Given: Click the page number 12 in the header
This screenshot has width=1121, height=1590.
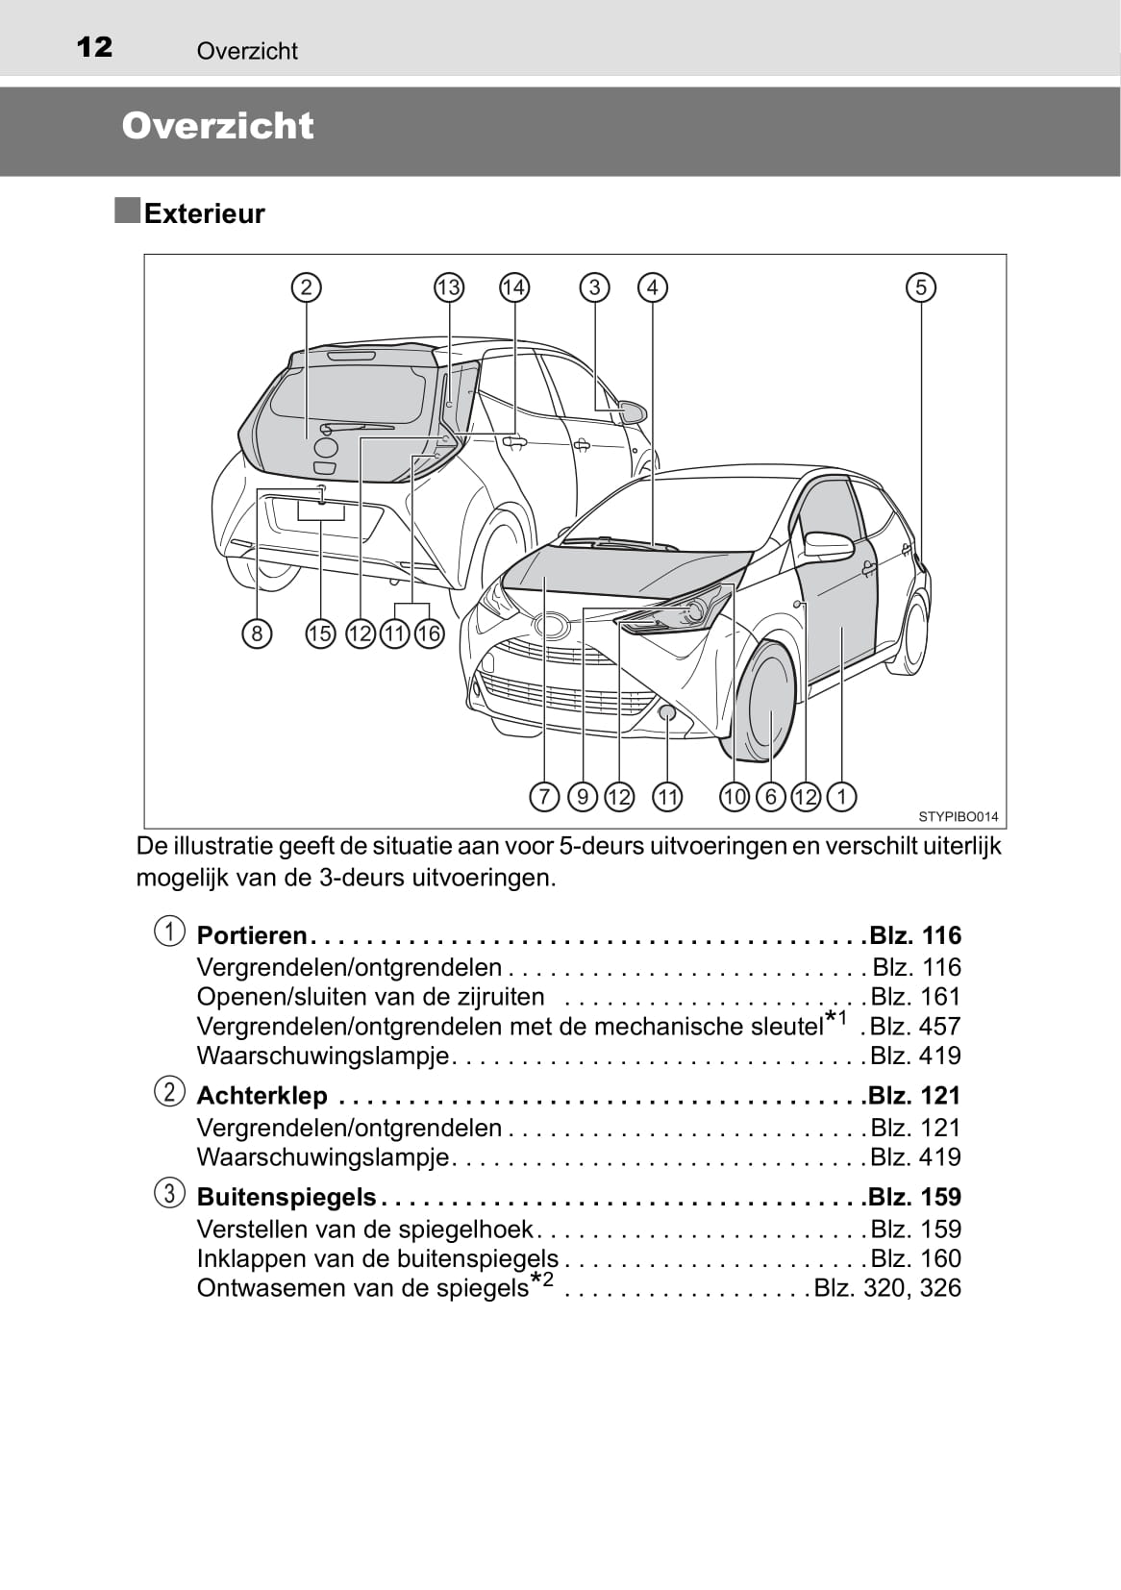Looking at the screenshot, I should click(94, 47).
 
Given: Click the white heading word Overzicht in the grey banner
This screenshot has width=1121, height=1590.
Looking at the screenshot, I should click(217, 126).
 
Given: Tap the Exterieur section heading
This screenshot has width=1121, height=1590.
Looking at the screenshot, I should click(204, 213).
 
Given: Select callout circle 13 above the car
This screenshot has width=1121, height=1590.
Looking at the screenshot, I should click(448, 287).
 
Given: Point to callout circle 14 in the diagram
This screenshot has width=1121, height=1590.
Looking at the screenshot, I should click(514, 287).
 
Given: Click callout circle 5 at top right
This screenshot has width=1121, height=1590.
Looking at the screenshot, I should click(920, 287).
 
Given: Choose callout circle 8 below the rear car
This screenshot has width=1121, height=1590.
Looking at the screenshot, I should click(257, 634).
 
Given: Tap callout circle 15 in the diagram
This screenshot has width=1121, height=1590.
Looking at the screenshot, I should click(320, 634).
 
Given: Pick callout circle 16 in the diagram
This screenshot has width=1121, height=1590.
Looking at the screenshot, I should click(429, 634).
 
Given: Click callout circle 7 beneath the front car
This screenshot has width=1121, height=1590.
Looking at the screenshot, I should click(544, 797).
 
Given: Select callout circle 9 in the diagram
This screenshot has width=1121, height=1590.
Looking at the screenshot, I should click(583, 797).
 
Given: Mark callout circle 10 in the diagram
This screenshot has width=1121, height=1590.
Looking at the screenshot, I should click(735, 797).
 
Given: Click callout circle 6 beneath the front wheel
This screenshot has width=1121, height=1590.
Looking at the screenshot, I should click(770, 797).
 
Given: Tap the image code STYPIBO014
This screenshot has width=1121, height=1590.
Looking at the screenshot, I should click(958, 817).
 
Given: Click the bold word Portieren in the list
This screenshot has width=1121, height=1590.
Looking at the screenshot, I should click(252, 935).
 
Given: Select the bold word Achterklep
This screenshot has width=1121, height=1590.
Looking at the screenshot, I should click(262, 1096).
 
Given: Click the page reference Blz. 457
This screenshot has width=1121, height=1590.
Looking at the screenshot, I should click(915, 1027).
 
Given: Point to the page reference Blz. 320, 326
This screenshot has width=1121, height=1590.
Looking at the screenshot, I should click(887, 1288).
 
